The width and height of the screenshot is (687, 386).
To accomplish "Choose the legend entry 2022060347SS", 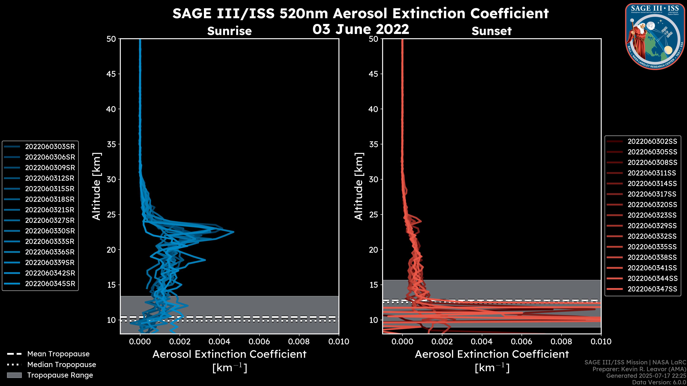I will click(652, 289).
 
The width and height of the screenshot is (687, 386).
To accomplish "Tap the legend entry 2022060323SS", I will click(652, 215).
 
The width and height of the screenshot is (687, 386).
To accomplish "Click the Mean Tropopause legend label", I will click(58, 354).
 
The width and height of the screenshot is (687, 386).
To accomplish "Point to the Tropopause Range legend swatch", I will click(14, 375).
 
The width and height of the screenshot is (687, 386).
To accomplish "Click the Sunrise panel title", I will click(229, 31).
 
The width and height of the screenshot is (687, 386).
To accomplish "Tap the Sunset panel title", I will click(491, 31).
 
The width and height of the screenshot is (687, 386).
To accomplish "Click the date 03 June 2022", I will click(360, 29).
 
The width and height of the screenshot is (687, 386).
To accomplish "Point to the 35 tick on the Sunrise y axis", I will click(111, 144).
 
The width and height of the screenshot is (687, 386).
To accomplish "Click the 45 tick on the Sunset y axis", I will click(374, 74).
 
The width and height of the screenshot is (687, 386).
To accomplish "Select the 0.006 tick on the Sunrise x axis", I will click(259, 342).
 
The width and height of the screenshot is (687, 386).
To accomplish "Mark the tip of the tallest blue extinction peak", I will click(234, 232).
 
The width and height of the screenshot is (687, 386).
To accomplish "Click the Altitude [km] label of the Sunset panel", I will click(359, 186).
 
